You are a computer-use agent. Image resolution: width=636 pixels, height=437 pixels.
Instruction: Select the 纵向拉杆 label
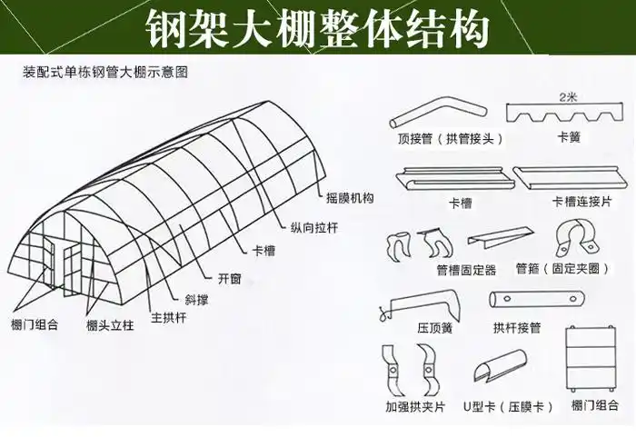pyautogui.click(x=313, y=227)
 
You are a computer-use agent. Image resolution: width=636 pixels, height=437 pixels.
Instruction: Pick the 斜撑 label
pyautogui.click(x=198, y=298)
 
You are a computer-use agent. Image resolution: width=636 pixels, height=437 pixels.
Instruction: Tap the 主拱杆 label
pyautogui.click(x=169, y=317)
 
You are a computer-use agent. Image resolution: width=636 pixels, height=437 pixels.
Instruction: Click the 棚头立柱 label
pyautogui.click(x=110, y=325)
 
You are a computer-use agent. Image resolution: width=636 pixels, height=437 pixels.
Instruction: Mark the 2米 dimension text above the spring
pyautogui.click(x=569, y=94)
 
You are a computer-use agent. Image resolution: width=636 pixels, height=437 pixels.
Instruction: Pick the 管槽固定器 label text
pyautogui.click(x=466, y=270)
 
